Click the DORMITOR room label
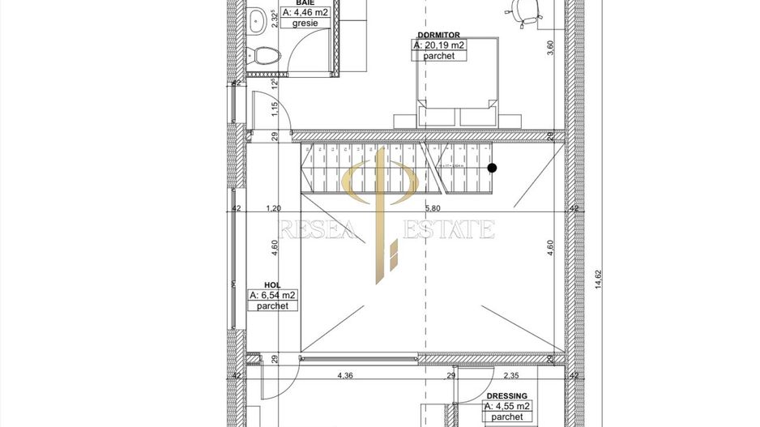tap(438, 35)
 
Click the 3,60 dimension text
tap(550, 47)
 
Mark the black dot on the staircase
tap(492, 168)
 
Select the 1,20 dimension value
tap(273, 208)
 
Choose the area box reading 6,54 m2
tap(273, 295)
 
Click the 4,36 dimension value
tap(344, 375)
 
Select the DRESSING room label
tap(507, 395)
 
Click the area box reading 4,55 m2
tap(507, 406)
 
